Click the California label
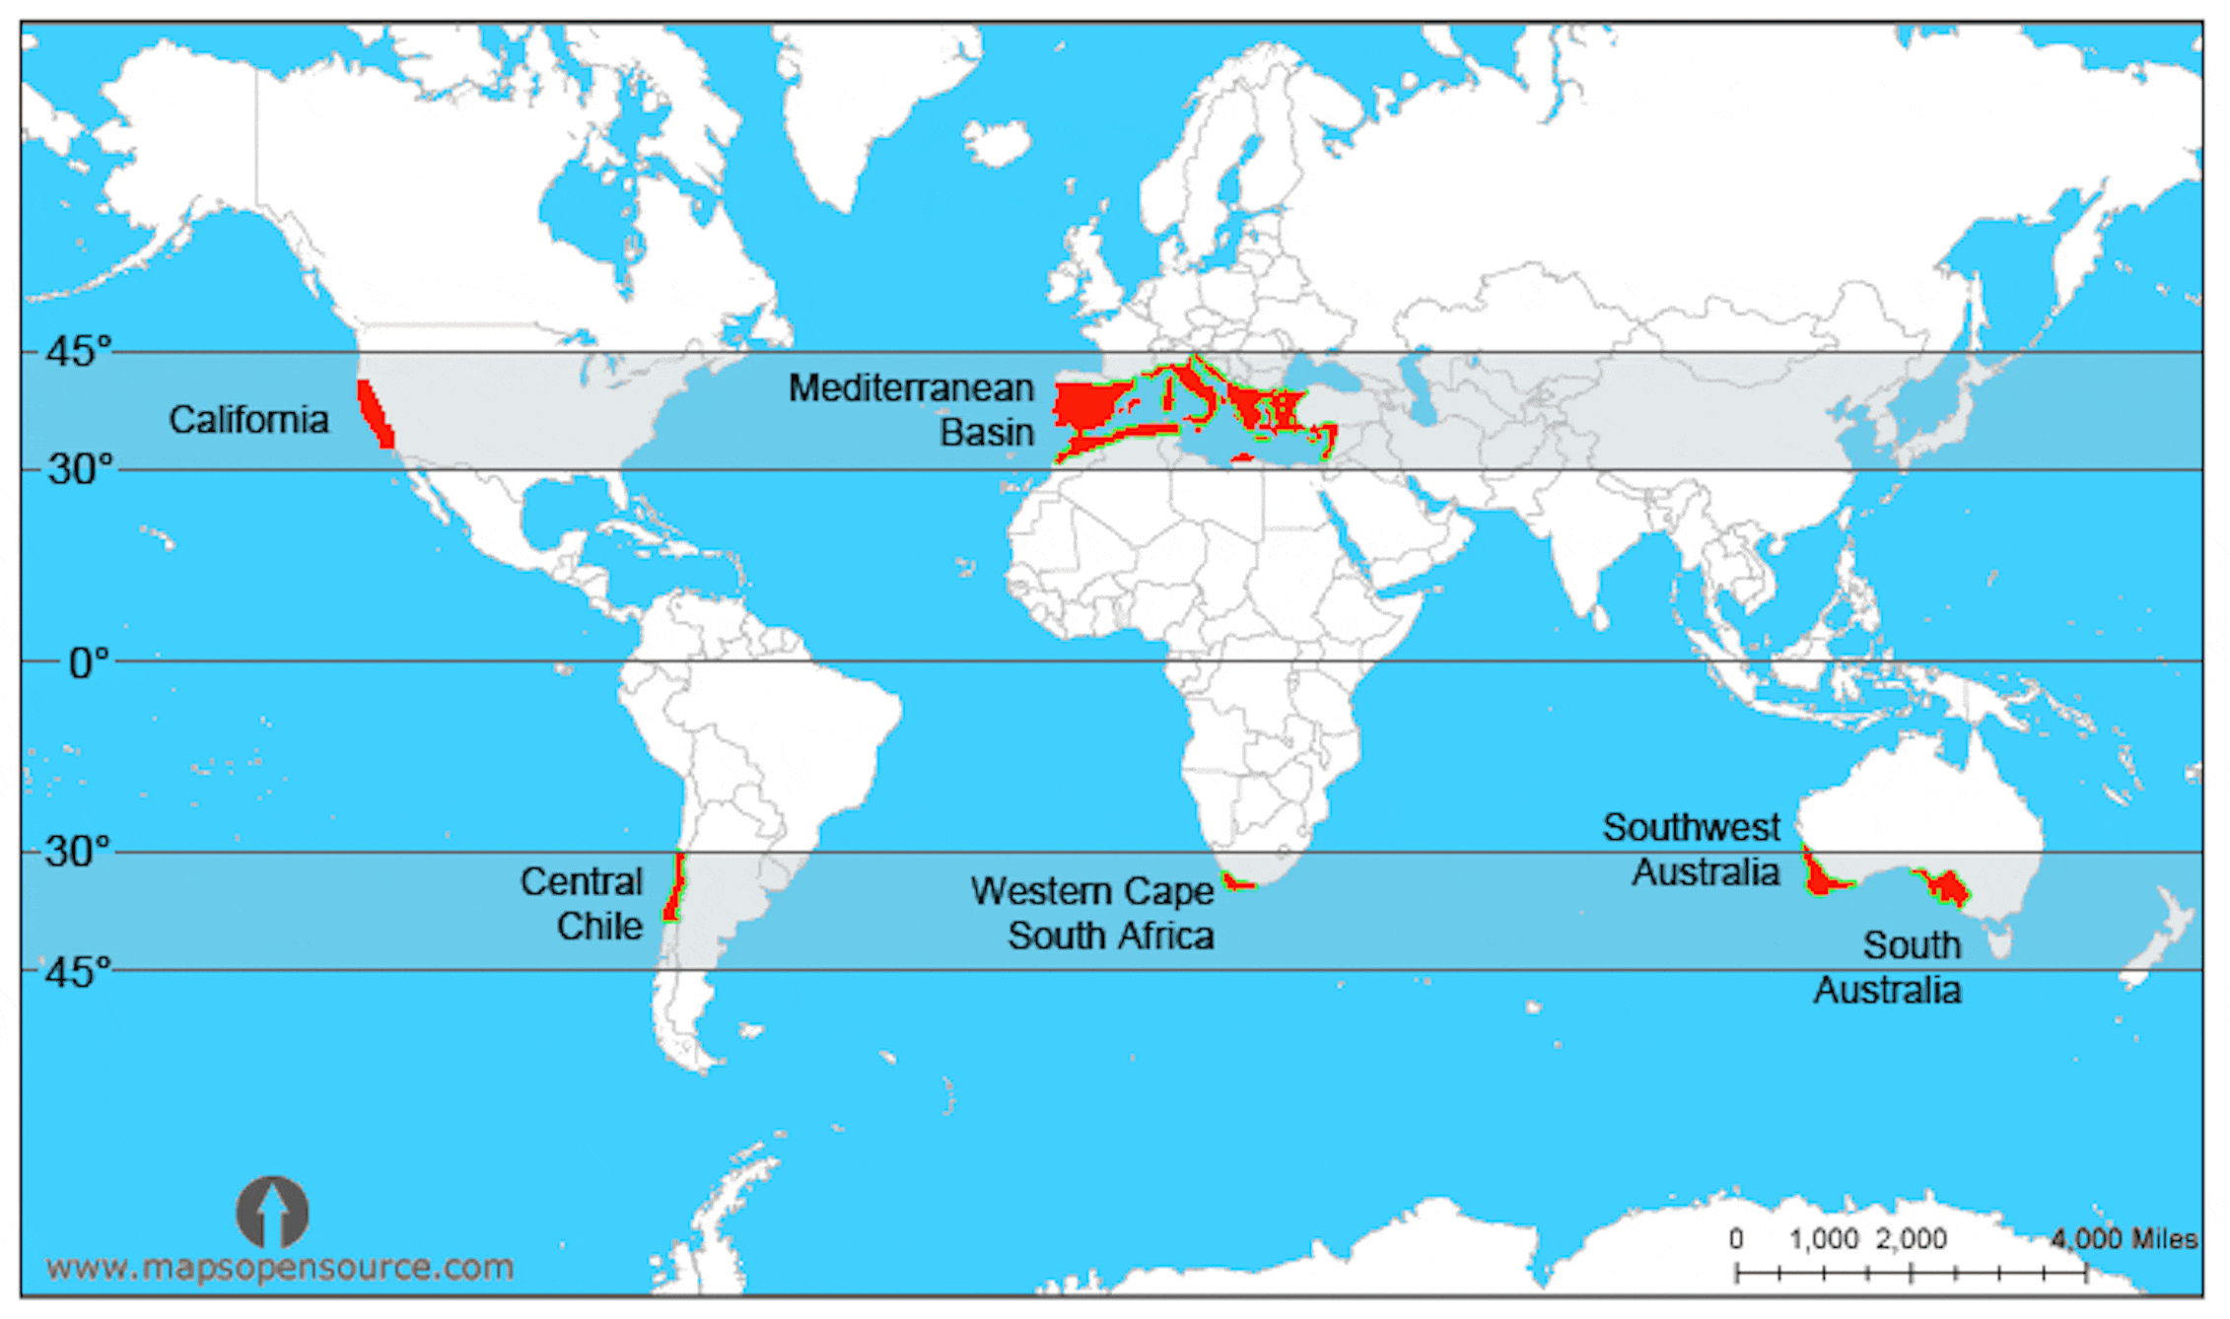(248, 420)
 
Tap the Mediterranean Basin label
(912, 409)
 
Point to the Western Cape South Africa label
(1093, 913)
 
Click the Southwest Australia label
(1692, 850)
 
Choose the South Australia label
(1889, 967)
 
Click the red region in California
(374, 413)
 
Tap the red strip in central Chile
(675, 887)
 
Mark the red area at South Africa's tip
(1237, 881)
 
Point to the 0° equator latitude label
(88, 663)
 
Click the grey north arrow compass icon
(272, 1212)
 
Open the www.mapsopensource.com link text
(280, 1267)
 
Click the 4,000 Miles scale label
(2124, 1238)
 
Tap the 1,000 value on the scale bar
(1823, 1238)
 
